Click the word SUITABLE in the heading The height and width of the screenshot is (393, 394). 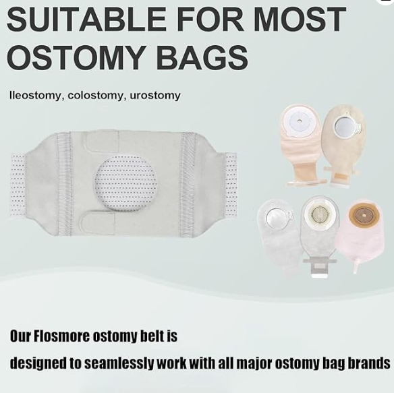pos(86,19)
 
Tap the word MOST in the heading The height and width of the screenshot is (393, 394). pos(301,19)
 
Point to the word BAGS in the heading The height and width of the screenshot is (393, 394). pos(202,57)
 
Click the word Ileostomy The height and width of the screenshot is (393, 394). pos(35,96)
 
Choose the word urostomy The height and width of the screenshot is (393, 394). pos(155,96)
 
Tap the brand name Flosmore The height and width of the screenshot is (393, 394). pos(61,336)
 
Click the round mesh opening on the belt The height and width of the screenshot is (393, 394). pos(125,183)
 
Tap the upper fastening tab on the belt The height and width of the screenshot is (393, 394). pos(101,141)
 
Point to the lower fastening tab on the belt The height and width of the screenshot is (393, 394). pos(98,222)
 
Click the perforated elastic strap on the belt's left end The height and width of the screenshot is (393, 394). pos(18,185)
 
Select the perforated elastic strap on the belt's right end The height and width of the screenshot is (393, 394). pos(230,185)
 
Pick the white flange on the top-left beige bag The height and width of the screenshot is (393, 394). pos(300,122)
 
